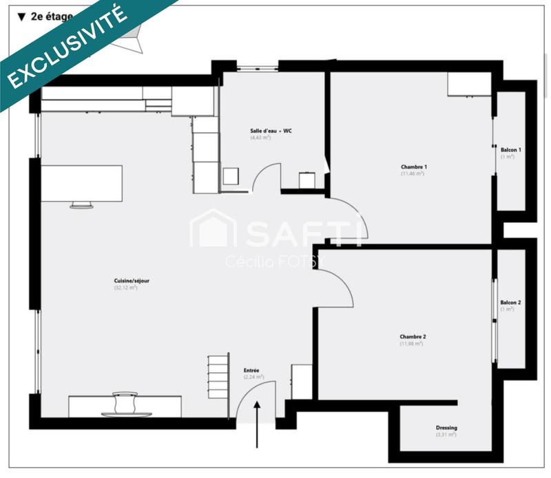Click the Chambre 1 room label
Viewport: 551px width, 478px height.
click(414, 167)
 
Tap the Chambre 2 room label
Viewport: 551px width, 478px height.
click(413, 336)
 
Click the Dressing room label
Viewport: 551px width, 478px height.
click(446, 428)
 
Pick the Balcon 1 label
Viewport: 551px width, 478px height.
click(510, 150)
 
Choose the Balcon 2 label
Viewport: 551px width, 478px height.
click(510, 303)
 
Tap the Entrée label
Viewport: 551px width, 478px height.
click(252, 370)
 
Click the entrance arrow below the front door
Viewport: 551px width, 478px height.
click(258, 423)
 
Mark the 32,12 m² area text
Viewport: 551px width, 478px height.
click(126, 287)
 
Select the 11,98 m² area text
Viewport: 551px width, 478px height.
click(411, 343)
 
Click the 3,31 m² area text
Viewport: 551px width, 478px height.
click(446, 435)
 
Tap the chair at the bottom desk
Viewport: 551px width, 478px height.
click(125, 404)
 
